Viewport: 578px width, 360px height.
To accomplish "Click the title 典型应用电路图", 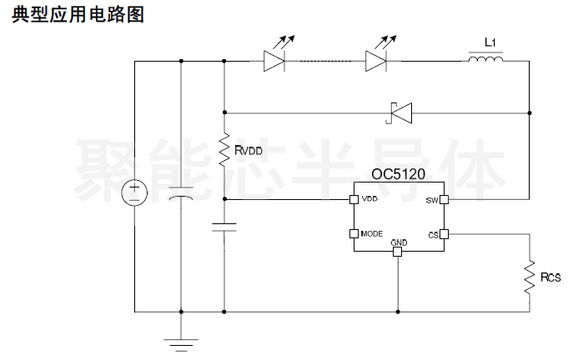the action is pyautogui.click(x=78, y=15).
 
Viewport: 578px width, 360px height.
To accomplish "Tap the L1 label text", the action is pyautogui.click(x=490, y=42).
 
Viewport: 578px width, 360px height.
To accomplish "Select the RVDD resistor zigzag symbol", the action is pyautogui.click(x=224, y=150).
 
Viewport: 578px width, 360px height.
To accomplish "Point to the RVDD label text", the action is pyautogui.click(x=249, y=150).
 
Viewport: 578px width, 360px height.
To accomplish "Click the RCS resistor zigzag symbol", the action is pyautogui.click(x=530, y=277).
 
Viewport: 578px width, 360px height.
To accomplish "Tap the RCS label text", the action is pyautogui.click(x=550, y=277).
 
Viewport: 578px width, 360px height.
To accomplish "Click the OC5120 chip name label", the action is pyautogui.click(x=398, y=174).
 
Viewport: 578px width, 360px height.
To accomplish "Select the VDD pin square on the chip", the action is pyautogui.click(x=354, y=199).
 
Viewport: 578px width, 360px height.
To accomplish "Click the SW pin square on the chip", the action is pyautogui.click(x=445, y=199).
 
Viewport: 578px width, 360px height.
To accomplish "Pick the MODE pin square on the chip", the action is pyautogui.click(x=354, y=233).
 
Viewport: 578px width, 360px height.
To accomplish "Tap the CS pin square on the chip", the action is pyautogui.click(x=445, y=234).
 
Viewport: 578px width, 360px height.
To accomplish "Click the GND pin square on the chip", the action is pyautogui.click(x=397, y=252).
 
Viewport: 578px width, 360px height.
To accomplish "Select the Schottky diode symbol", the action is pyautogui.click(x=400, y=112).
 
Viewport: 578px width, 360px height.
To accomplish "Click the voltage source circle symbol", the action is pyautogui.click(x=134, y=192).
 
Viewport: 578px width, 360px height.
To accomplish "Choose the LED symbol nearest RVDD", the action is pyautogui.click(x=279, y=54).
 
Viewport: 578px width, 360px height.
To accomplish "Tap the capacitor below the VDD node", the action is pyautogui.click(x=224, y=227).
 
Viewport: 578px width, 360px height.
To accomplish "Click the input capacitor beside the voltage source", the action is pyautogui.click(x=181, y=194).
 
